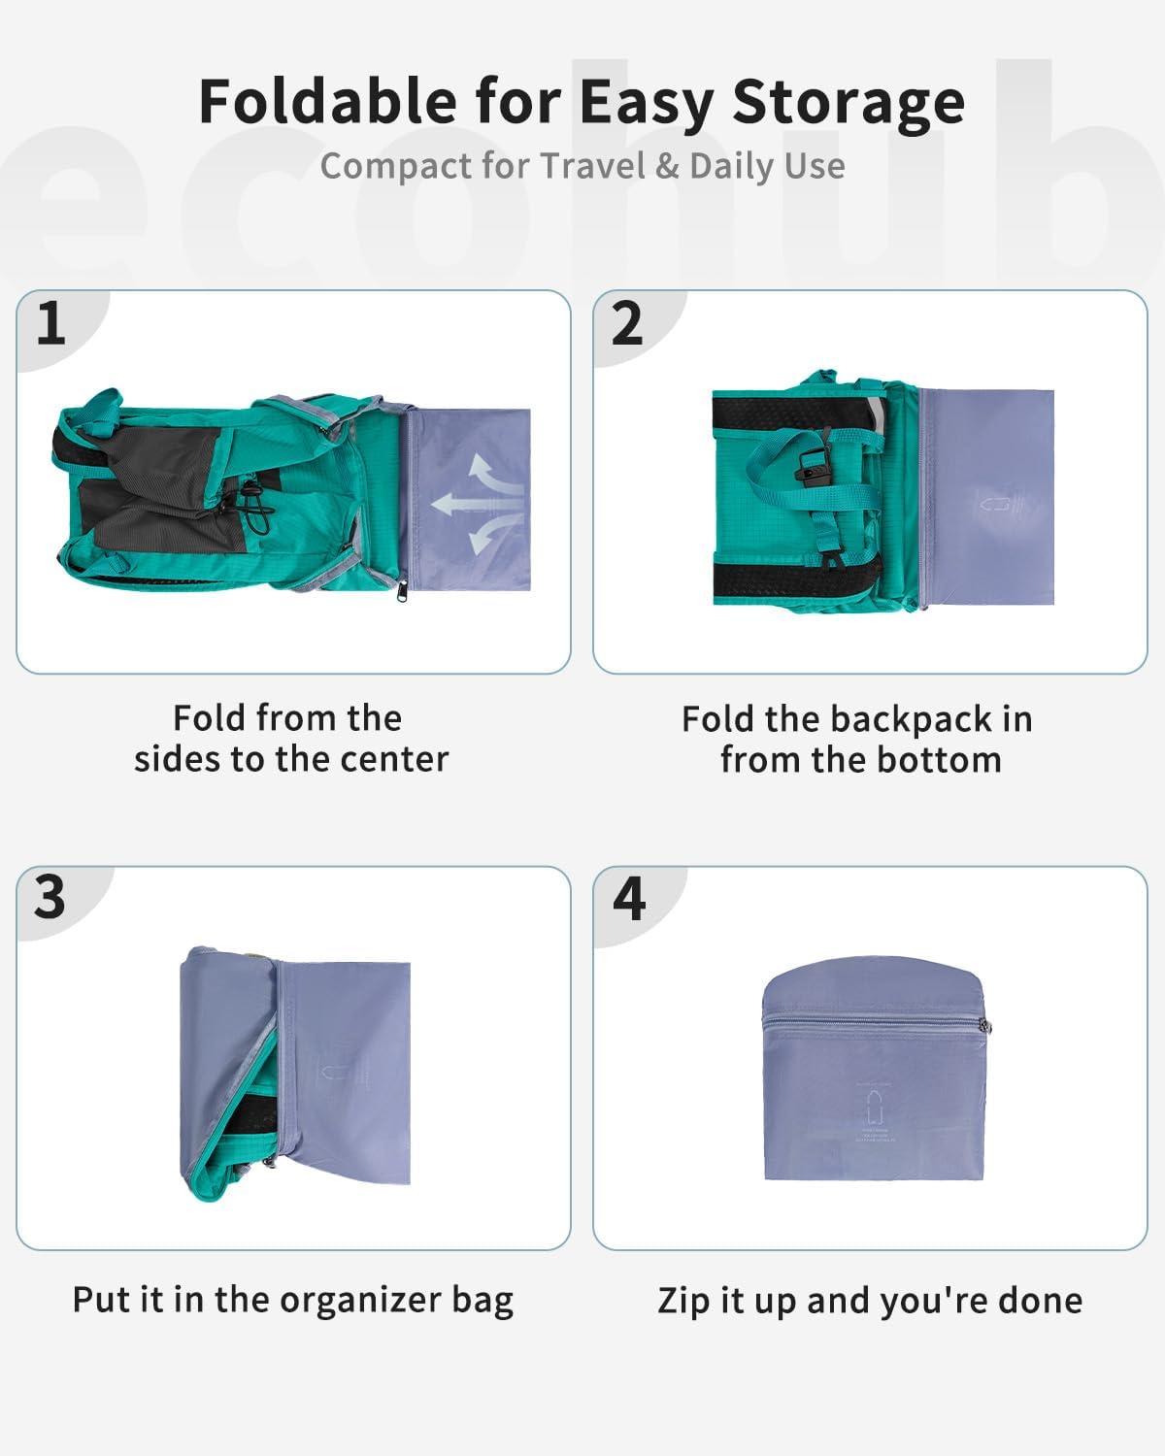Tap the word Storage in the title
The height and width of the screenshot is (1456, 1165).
coord(849,103)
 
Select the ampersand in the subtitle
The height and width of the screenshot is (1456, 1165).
coord(667,166)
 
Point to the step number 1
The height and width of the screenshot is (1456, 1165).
coord(50,323)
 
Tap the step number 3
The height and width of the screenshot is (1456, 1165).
coord(50,897)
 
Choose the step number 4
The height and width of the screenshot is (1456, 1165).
coord(629,899)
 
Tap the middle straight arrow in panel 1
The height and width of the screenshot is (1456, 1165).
coord(467,504)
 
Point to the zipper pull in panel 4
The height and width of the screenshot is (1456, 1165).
coord(986,1028)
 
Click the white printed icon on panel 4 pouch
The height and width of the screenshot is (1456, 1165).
coord(873,1107)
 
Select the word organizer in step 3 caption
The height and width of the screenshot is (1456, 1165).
coord(360,1301)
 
